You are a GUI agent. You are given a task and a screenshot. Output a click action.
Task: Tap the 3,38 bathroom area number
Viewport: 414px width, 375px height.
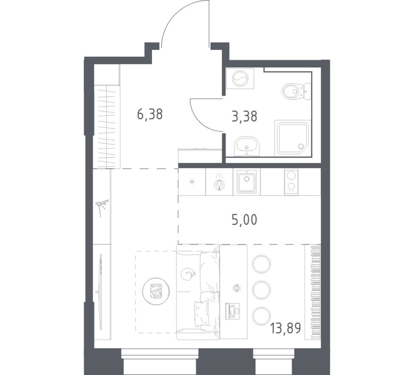(x=244, y=116)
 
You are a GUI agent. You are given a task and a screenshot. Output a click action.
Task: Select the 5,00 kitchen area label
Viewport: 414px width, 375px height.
(x=244, y=220)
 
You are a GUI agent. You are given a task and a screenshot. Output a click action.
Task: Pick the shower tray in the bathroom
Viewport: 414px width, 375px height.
(x=293, y=138)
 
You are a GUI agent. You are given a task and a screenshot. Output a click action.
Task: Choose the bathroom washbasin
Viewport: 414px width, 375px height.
(x=246, y=146)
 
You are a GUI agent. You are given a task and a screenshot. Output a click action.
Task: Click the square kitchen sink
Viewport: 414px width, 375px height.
(x=247, y=182)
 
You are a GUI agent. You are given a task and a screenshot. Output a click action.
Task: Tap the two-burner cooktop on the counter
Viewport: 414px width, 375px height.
(x=291, y=182)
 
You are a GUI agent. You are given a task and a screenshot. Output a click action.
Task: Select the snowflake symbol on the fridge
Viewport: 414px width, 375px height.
(x=192, y=182)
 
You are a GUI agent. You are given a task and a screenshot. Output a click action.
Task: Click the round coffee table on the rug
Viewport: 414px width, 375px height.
(x=156, y=291)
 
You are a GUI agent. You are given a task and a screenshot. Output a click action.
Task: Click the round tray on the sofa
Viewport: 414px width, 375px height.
(x=187, y=274)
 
